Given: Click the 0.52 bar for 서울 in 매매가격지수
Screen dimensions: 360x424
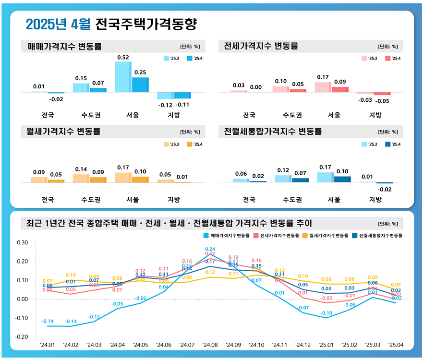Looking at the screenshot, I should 122,77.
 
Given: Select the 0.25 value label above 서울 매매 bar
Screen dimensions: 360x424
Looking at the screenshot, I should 140,72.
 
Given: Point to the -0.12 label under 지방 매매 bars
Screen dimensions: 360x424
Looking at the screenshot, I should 166,104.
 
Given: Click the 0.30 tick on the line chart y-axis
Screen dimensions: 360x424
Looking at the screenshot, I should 22,242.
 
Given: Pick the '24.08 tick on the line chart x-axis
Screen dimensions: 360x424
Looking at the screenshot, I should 210,345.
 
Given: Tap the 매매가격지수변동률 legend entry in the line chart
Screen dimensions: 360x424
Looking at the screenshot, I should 227,236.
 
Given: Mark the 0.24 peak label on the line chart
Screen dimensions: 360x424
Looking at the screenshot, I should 210,249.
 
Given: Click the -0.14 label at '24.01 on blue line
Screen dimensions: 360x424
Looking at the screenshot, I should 48,321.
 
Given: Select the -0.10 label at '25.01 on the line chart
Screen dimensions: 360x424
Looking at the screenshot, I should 326,312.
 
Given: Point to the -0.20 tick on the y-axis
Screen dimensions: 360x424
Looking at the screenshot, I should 22,337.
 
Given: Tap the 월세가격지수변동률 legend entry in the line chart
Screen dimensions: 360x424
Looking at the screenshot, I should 324,236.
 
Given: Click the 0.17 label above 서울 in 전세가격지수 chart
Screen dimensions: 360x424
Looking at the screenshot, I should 322,77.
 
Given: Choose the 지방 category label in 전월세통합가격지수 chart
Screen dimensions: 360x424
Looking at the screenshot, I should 375,200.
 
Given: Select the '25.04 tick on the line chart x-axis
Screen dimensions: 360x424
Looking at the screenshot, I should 396,345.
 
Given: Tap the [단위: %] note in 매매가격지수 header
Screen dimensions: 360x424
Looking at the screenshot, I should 190,47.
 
